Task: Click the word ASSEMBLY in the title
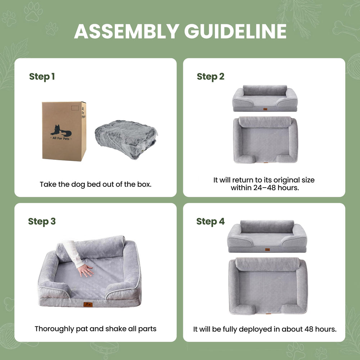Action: point(126,31)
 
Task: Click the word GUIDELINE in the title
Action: point(235,31)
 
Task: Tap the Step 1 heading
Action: point(42,77)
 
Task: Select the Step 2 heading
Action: point(210,77)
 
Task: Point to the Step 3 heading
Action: point(42,221)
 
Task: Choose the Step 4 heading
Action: point(210,221)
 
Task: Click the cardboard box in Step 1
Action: point(64,131)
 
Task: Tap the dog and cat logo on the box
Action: point(61,130)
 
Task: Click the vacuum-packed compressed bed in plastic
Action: point(126,139)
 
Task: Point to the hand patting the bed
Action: point(85,270)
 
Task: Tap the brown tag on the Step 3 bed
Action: point(88,305)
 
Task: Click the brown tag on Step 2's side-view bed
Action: point(265,109)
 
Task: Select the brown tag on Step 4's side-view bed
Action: point(267,249)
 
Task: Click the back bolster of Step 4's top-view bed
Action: point(267,264)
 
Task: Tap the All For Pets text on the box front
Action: point(61,139)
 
